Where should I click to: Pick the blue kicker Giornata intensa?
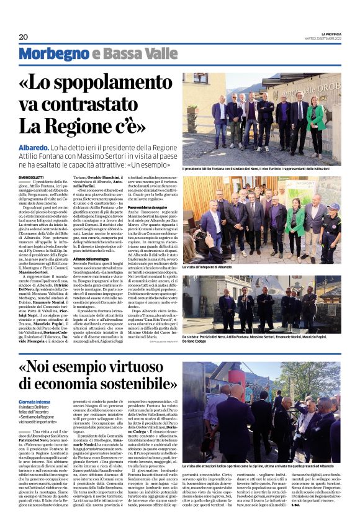coord(37,402)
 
